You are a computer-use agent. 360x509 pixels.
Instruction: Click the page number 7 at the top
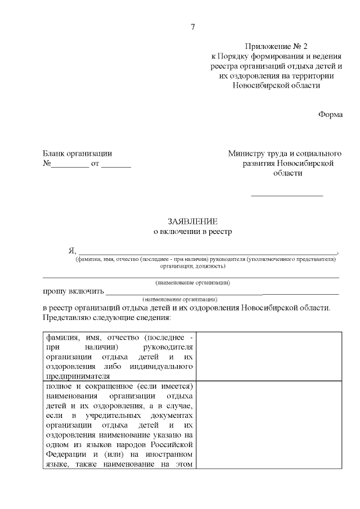point(193,27)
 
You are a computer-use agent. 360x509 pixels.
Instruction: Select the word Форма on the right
point(330,114)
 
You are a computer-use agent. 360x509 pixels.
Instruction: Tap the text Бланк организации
point(78,153)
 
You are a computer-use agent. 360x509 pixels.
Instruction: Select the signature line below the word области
point(287,195)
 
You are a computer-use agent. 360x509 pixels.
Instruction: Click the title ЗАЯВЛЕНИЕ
point(192,221)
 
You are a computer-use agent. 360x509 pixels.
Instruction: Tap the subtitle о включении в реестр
point(192,231)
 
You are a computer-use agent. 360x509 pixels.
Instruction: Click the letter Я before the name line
point(71,251)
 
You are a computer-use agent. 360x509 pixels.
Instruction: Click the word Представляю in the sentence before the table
point(65,318)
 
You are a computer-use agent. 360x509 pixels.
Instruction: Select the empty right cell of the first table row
point(269,356)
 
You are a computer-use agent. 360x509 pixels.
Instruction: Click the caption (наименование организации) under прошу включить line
point(180,299)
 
